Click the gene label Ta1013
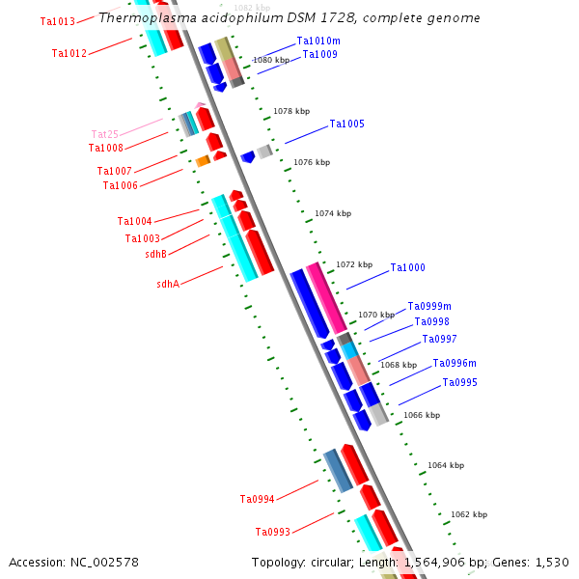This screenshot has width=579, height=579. [x=58, y=21]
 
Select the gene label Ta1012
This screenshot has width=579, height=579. [x=69, y=53]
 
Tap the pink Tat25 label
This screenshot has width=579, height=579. [x=104, y=134]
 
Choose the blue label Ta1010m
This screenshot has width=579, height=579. [x=317, y=41]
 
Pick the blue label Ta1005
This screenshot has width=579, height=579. [x=346, y=124]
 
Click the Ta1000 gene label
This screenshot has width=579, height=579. [x=407, y=268]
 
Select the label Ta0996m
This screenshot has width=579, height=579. [x=455, y=364]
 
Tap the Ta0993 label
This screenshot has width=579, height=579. [x=272, y=532]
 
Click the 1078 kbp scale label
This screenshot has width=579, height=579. [x=291, y=112]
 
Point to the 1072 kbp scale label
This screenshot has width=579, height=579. [x=353, y=264]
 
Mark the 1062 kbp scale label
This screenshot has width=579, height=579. [x=469, y=514]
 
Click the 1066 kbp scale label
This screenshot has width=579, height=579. [x=421, y=415]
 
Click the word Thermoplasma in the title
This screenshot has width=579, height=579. [x=141, y=18]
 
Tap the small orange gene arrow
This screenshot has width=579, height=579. [x=203, y=160]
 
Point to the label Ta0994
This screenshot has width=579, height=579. [x=257, y=499]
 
